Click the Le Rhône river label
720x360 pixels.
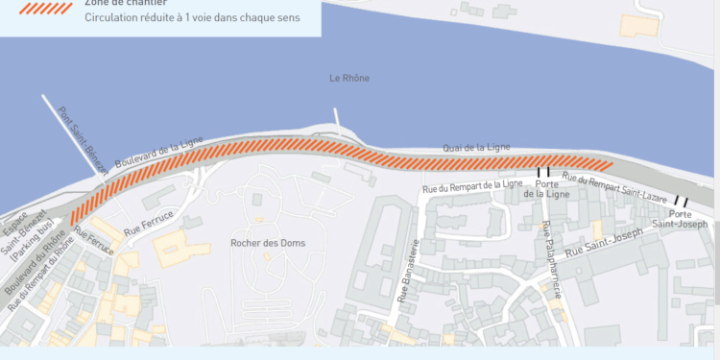[348, 78]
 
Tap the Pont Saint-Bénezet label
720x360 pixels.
[84, 140]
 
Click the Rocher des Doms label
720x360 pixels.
[268, 243]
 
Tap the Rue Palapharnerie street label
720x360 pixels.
[549, 260]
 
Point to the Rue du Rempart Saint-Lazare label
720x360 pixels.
[614, 186]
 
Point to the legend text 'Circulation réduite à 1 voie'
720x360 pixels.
[192, 17]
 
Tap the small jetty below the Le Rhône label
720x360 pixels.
[338, 120]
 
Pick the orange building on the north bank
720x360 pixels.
[636, 25]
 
